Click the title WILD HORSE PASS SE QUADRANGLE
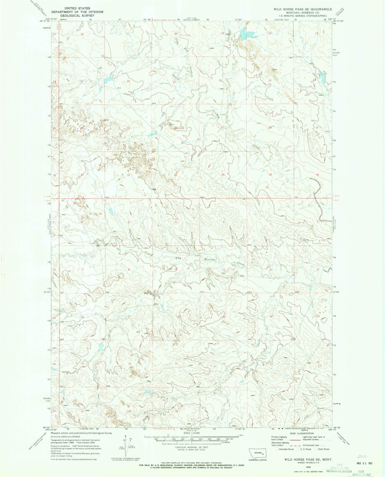tap(302, 9)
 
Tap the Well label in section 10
tap(223, 273)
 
